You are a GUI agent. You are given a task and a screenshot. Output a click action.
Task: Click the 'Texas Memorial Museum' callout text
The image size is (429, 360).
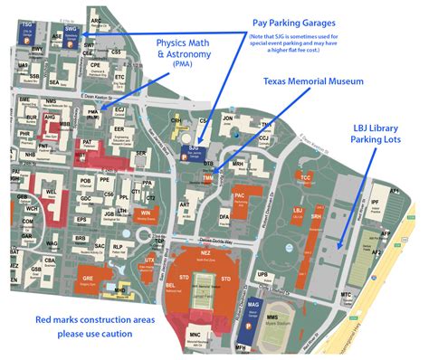[312, 81]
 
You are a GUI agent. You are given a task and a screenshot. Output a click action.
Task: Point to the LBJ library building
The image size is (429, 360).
[298, 211]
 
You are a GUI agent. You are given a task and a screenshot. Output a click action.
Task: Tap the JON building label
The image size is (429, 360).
[228, 118]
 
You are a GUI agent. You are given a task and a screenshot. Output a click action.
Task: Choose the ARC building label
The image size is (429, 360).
[96, 19]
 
